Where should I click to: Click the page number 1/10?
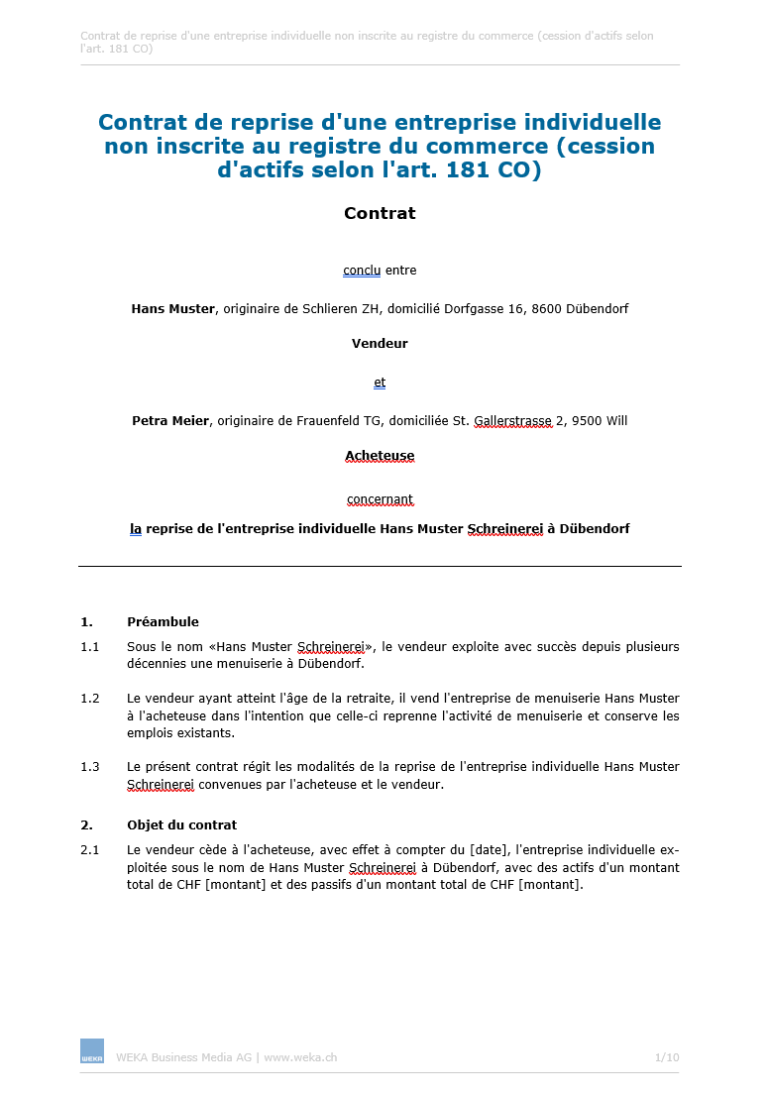coord(667,1057)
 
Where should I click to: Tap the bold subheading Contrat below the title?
coord(380,213)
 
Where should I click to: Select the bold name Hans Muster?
coord(172,308)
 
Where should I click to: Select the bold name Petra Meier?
coord(169,420)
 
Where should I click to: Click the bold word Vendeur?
coord(380,344)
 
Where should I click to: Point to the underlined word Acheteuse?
coord(380,456)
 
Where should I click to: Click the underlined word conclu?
coord(362,271)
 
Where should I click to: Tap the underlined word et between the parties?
coord(380,383)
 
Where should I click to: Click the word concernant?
coord(380,499)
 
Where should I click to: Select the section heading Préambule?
coord(163,622)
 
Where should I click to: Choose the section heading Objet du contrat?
coord(181,824)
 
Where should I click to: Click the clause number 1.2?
coord(90,698)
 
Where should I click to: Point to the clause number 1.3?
coord(90,766)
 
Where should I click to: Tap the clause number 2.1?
coord(90,849)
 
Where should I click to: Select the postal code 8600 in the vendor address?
coord(548,308)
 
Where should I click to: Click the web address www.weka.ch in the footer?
coord(300,1057)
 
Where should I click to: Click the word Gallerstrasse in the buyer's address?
coord(512,420)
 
